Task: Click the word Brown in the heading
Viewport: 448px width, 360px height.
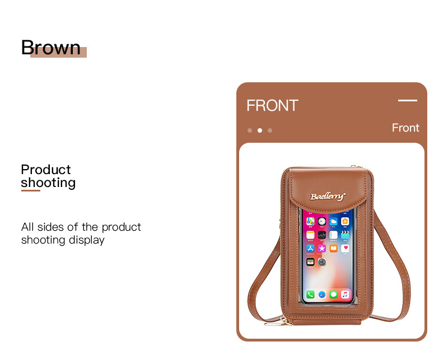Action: pos(51,48)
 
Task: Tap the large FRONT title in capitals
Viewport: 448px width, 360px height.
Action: pos(272,105)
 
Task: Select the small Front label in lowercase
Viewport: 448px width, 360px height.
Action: pos(405,128)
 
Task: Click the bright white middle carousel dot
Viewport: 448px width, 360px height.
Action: pos(260,130)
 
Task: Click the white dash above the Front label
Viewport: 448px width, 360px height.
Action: pos(408,100)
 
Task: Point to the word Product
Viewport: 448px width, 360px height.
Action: pos(46,170)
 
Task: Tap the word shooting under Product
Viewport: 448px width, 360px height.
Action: pos(48,183)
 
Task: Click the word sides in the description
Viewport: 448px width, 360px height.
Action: pos(50,227)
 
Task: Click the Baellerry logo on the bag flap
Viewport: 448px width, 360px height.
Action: pos(328,197)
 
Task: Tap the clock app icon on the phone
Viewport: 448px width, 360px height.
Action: pos(322,221)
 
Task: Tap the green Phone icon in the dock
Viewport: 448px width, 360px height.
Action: pos(310,294)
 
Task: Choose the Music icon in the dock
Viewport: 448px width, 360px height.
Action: pos(345,294)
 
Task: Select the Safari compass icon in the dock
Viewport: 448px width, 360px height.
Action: pos(322,294)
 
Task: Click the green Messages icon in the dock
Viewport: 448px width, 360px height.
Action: pos(333,294)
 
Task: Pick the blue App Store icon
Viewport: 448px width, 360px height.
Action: pos(310,248)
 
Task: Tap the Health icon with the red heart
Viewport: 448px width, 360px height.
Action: pos(345,248)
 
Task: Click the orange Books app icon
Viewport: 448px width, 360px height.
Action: pos(333,248)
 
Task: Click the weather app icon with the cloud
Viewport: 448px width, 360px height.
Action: pos(333,221)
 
